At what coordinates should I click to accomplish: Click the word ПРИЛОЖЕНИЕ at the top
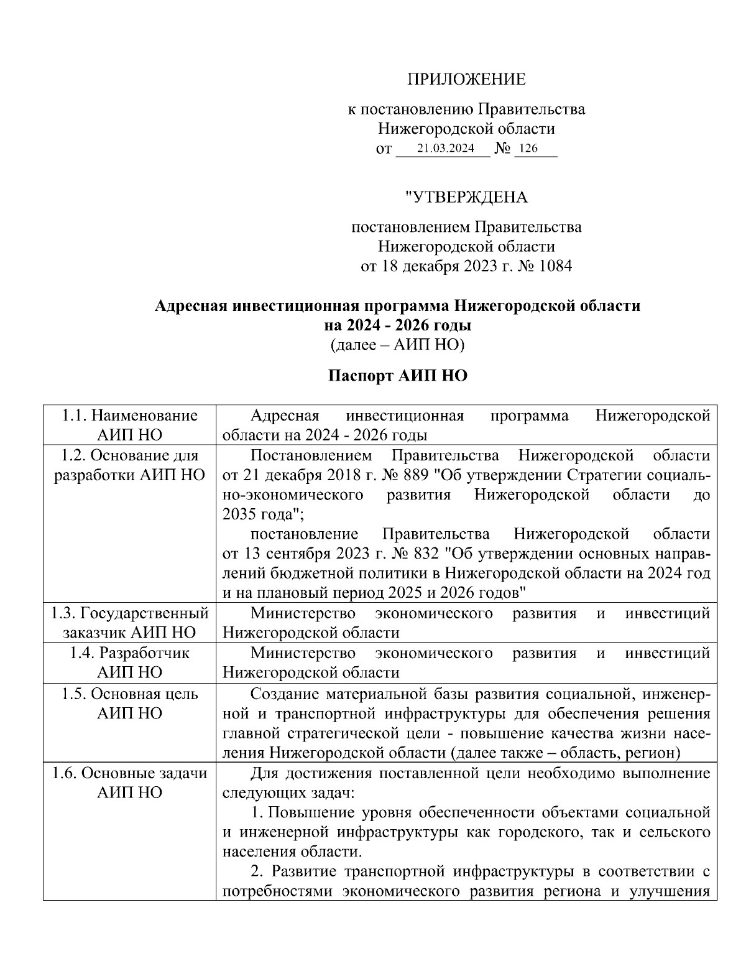tap(466, 80)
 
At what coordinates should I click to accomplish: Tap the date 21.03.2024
tap(445, 149)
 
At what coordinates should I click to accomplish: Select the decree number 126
tap(528, 149)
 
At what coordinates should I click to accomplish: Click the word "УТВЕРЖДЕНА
tap(466, 198)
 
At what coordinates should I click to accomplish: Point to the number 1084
tap(556, 267)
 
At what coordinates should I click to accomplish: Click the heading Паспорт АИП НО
tap(397, 376)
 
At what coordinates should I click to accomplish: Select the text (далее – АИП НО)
tap(397, 344)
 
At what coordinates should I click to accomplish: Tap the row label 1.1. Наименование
tap(129, 416)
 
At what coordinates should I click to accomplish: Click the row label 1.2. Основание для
tap(129, 455)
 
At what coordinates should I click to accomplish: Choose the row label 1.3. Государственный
tap(129, 613)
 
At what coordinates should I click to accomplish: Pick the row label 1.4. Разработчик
tap(129, 653)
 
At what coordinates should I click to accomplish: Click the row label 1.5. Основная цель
tap(129, 693)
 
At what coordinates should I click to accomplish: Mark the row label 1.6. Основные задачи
tap(129, 773)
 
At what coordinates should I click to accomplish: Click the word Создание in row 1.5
tap(283, 693)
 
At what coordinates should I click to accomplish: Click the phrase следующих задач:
tap(288, 792)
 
